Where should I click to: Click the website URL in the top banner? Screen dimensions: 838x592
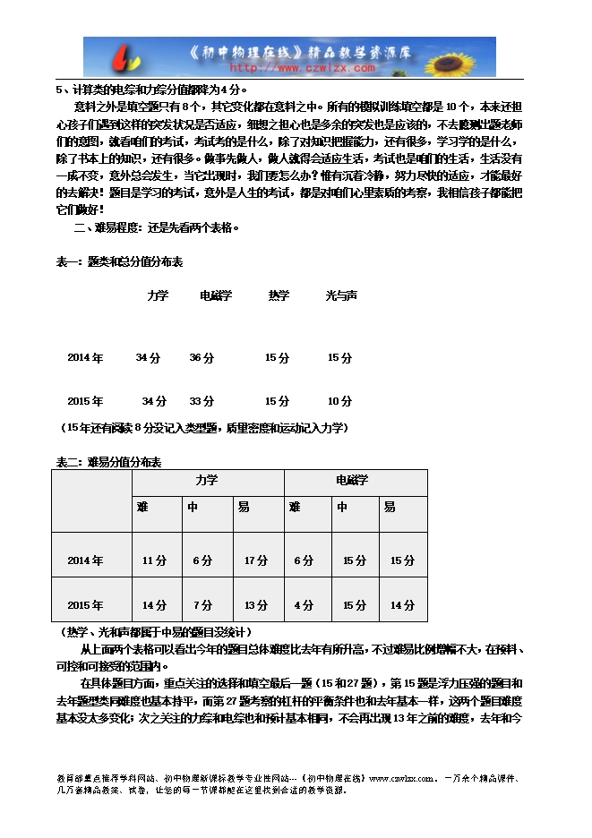(304, 67)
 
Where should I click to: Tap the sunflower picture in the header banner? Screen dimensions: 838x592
(456, 56)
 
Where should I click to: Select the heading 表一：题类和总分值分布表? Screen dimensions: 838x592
(120, 262)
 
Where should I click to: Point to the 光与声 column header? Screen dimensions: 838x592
(341, 295)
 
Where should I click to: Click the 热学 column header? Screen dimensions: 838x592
(279, 295)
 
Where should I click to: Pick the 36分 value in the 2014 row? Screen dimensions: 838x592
(202, 358)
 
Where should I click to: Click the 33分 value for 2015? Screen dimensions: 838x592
(202, 401)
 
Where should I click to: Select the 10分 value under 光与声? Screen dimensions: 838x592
(339, 401)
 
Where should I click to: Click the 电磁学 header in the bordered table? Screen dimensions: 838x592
(352, 481)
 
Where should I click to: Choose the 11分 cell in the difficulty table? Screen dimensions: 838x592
(154, 561)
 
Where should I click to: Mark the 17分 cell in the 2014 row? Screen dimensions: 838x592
(256, 561)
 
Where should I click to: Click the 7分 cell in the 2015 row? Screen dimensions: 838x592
(202, 605)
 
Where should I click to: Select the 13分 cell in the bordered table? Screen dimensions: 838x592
(256, 605)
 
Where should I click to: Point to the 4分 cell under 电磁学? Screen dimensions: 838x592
(304, 605)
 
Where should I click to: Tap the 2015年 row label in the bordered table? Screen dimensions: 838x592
(85, 605)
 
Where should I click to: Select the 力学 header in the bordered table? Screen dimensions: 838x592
(207, 481)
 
